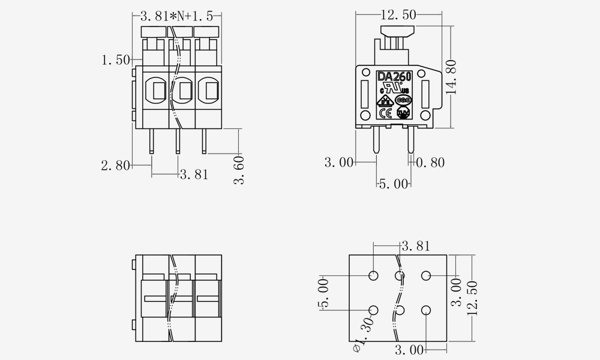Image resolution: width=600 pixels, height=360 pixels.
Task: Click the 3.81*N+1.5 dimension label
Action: (x=176, y=16)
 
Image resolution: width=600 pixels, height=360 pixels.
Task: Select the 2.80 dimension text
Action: (x=115, y=166)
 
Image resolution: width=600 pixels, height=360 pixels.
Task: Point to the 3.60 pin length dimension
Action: (x=239, y=170)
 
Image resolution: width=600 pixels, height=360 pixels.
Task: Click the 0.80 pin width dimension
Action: (x=430, y=162)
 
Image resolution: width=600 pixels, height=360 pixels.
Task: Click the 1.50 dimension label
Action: (x=115, y=60)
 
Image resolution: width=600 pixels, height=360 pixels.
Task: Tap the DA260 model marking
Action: (x=394, y=77)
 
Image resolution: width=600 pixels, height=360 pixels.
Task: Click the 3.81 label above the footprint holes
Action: (x=415, y=245)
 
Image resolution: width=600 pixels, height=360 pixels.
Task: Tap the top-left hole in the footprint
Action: (x=373, y=275)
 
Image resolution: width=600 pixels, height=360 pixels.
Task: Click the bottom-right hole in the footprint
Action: (x=426, y=310)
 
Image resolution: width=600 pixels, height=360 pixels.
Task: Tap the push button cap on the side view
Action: (x=397, y=31)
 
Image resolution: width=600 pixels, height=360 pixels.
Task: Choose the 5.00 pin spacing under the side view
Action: (x=394, y=184)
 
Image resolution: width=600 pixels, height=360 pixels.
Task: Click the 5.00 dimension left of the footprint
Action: (x=324, y=293)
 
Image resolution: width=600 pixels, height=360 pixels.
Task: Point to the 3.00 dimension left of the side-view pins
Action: (x=339, y=162)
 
